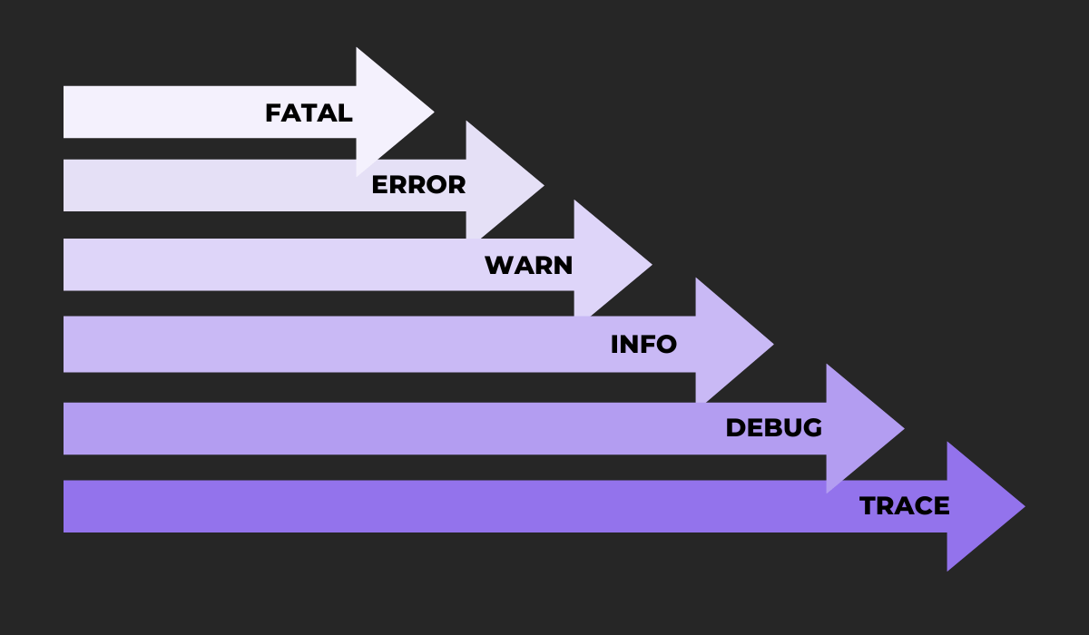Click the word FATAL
(309, 113)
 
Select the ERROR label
(418, 185)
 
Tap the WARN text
(528, 265)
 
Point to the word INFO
(643, 345)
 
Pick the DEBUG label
(773, 427)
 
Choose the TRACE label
(904, 506)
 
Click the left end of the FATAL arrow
(66, 112)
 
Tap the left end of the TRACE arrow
(66, 506)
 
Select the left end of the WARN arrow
(66, 265)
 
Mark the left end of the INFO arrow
(66, 344)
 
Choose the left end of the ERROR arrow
(66, 185)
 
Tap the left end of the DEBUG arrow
(66, 428)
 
